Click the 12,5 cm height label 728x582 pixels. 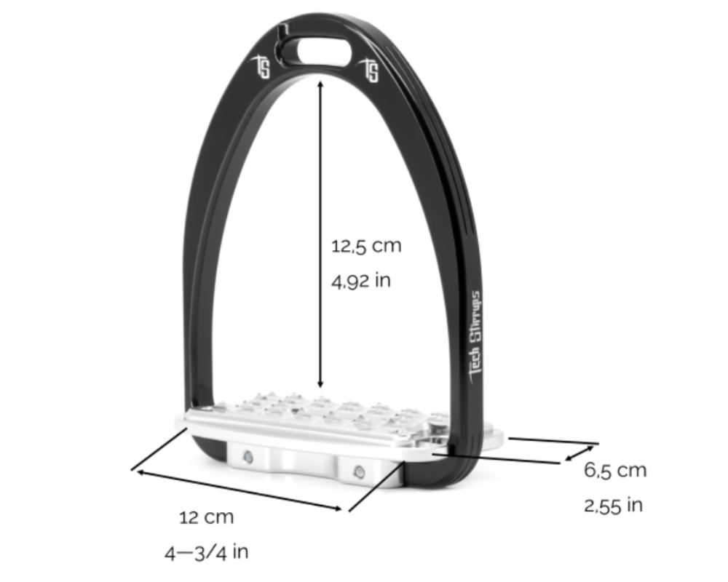click(366, 246)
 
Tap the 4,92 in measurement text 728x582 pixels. click(361, 280)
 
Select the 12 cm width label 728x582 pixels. click(207, 517)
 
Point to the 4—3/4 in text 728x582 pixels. click(206, 551)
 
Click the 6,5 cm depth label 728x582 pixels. click(615, 470)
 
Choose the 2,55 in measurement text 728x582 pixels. click(613, 505)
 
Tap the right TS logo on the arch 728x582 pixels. click(371, 71)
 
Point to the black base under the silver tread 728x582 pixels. click(437, 473)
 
